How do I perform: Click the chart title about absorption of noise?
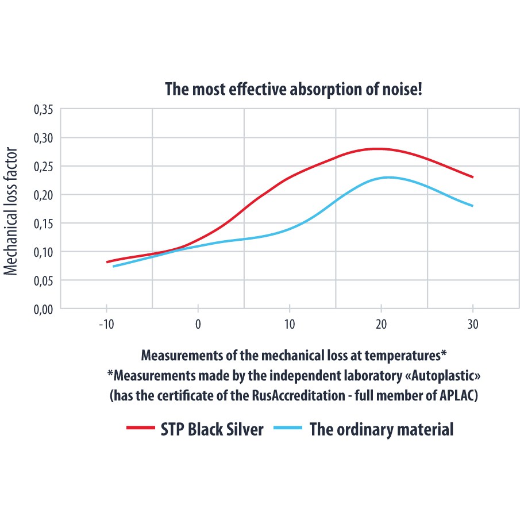(294, 90)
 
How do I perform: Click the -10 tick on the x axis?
(106, 325)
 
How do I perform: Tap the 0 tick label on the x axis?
(198, 325)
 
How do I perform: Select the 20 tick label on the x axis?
(381, 325)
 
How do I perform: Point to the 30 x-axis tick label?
(472, 325)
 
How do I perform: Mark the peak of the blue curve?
(389, 177)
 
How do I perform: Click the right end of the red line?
(472, 177)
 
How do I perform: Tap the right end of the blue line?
(472, 206)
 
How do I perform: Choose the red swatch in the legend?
(140, 429)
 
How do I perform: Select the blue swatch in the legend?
(287, 429)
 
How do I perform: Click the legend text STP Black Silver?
(212, 429)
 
